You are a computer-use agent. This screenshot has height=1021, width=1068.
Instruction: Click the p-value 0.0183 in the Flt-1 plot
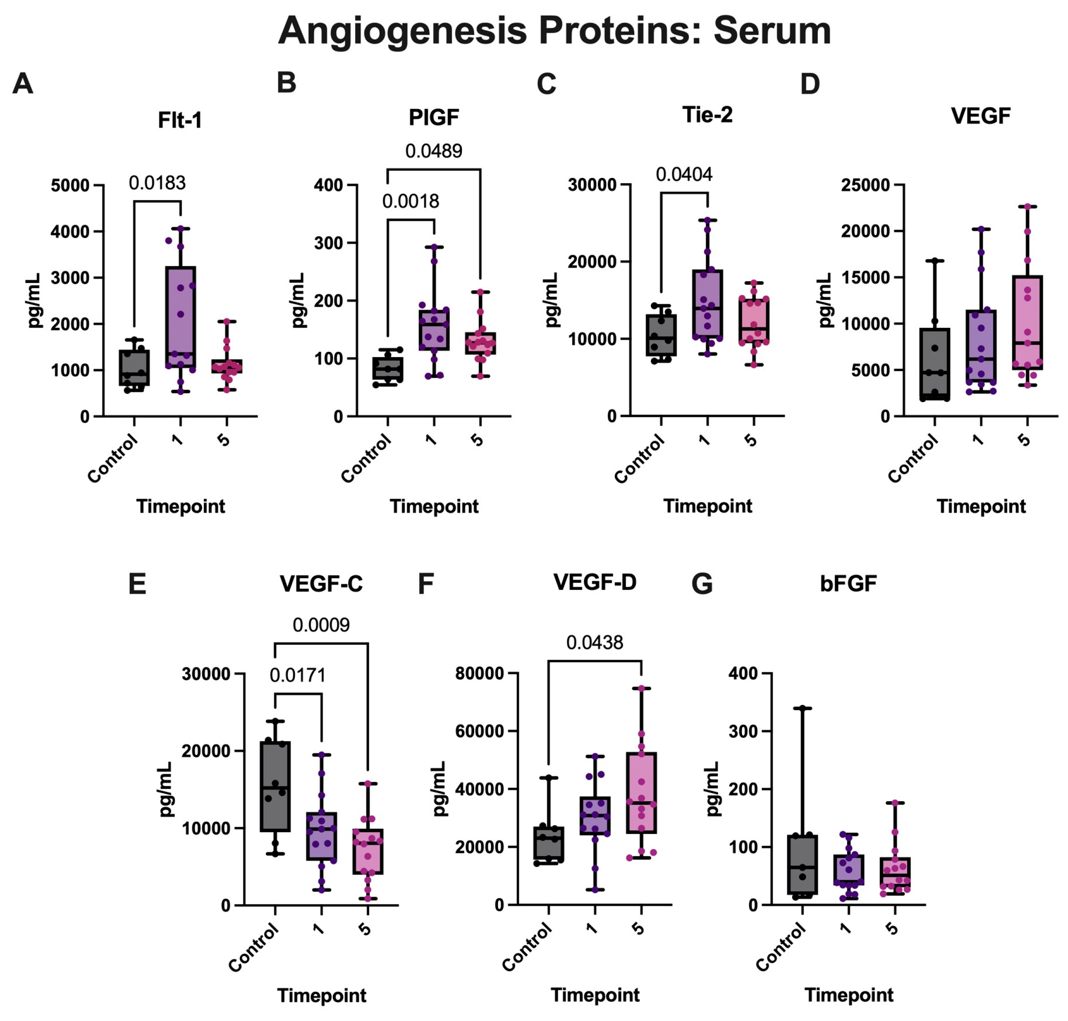157,183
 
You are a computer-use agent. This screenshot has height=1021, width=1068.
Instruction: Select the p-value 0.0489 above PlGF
433,151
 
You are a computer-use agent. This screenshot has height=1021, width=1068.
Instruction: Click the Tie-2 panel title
707,115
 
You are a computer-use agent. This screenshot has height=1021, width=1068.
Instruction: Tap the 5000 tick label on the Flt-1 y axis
70,186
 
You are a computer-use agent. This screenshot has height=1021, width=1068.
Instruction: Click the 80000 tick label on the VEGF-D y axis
479,674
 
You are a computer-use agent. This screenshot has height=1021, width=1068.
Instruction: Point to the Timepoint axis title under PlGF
434,506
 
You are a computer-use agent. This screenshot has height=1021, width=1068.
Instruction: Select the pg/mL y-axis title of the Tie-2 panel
552,300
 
